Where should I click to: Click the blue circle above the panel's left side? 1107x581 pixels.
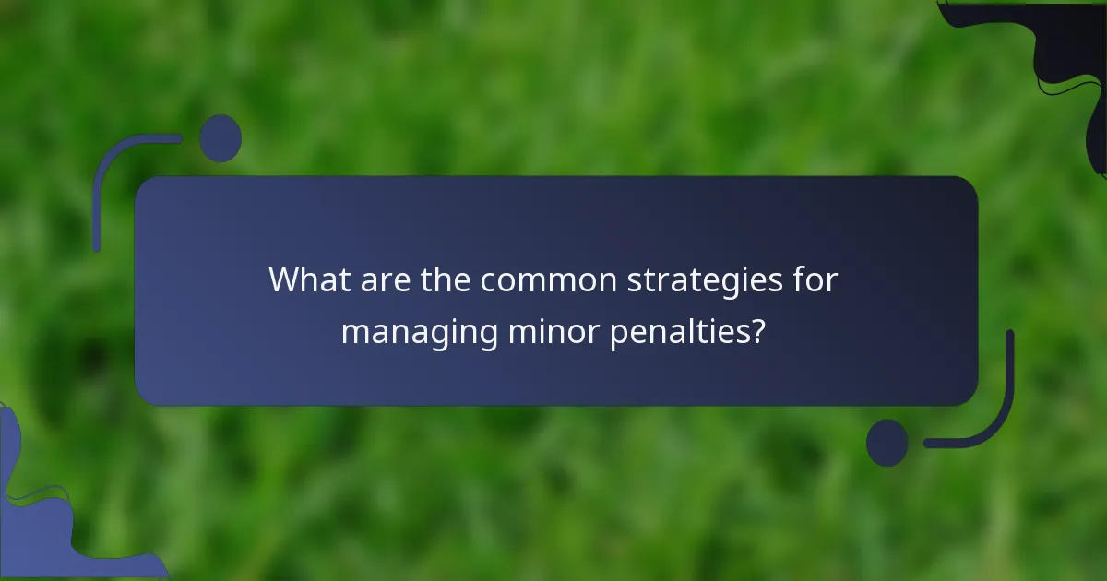(x=220, y=138)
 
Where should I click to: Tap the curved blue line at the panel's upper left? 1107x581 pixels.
(x=103, y=171)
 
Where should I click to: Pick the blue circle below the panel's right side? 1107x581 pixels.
(x=887, y=443)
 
